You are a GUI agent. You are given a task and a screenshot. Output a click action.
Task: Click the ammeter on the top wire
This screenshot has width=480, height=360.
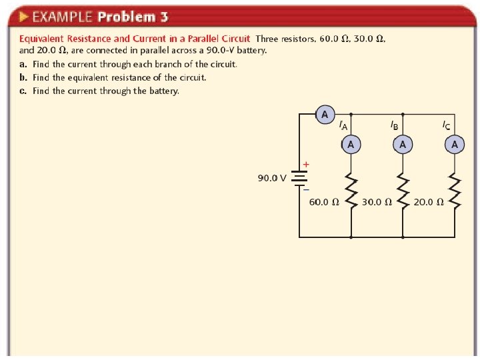pos(325,115)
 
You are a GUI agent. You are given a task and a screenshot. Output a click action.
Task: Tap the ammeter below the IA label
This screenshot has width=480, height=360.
pos(351,144)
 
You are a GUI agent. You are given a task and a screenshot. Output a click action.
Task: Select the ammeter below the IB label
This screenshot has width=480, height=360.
pos(402,144)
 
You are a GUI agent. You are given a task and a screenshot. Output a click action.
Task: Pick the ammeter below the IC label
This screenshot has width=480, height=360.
pos(455,144)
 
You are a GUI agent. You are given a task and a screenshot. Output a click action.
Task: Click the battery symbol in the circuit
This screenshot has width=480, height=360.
pos(299,179)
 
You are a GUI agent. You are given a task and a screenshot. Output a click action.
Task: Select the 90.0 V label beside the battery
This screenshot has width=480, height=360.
pos(272,178)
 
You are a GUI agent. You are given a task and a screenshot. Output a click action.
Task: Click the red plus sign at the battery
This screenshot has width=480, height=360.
pos(306,164)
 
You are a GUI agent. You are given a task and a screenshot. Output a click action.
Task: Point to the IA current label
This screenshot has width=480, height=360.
pos(343,125)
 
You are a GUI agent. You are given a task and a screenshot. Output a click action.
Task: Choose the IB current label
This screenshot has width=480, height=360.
pos(394,125)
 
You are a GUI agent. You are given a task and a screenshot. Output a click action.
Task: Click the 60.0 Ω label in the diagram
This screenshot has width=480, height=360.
pos(324,202)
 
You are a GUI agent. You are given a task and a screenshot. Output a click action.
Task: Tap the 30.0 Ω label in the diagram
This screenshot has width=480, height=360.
pos(377,202)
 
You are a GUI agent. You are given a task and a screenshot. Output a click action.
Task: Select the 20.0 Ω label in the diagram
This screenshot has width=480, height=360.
pos(429,202)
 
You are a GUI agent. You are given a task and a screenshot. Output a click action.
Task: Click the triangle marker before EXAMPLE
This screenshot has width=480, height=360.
pos(23,16)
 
